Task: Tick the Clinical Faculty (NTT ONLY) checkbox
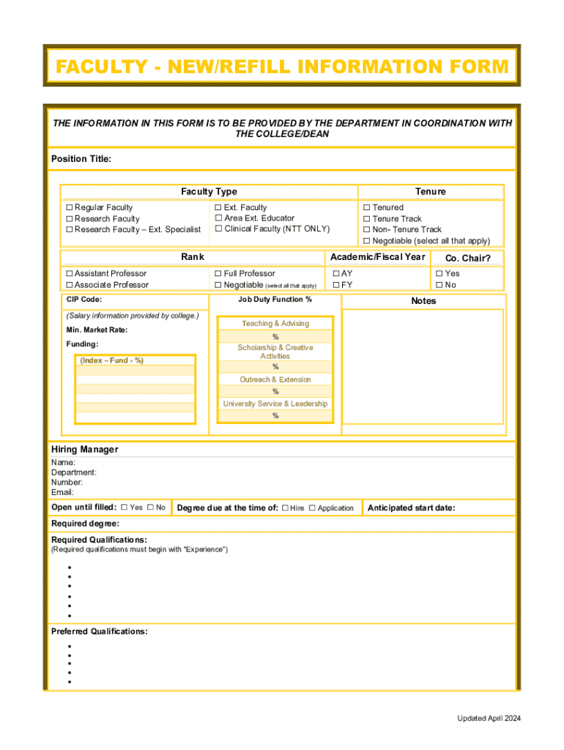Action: (218, 229)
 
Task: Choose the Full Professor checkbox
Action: (218, 274)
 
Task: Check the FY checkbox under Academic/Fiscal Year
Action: (336, 285)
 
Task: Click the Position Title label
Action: (81, 159)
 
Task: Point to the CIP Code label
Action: (84, 300)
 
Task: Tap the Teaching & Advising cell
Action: (275, 324)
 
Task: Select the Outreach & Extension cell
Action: (275, 379)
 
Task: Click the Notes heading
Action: (423, 301)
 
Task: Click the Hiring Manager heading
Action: (84, 449)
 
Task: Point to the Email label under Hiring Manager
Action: (62, 492)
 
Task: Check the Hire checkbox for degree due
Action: (285, 508)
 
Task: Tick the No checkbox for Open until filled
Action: (150, 508)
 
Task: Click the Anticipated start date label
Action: (411, 508)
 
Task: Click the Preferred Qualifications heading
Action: (99, 631)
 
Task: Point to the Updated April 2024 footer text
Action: (489, 719)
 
